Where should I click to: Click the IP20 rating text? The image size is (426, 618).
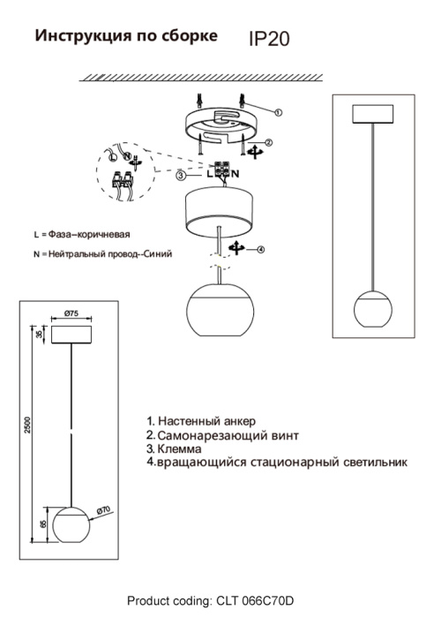pos(269,39)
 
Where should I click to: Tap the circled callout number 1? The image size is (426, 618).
pos(278,112)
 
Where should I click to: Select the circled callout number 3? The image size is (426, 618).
pos(180,176)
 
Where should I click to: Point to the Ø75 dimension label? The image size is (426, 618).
pos(72,313)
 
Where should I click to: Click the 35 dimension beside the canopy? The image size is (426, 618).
pos(41,334)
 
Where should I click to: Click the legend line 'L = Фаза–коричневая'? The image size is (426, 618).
pos(81,235)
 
